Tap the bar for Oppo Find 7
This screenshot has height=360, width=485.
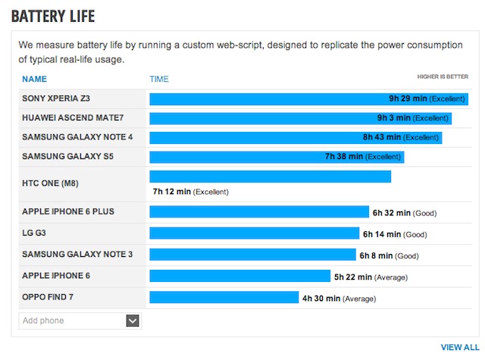[x=224, y=298]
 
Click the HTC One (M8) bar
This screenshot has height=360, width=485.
[x=270, y=177]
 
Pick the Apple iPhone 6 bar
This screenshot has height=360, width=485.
[x=239, y=277]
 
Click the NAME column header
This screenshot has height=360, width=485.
[x=34, y=79]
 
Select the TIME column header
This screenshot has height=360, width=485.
[x=159, y=79]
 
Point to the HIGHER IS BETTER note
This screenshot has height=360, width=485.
[x=443, y=77]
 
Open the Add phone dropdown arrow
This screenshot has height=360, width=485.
[x=133, y=321]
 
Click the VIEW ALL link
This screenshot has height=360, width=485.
[x=460, y=347]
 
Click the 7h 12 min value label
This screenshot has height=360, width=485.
[x=171, y=192]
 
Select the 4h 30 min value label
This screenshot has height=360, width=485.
[x=321, y=299]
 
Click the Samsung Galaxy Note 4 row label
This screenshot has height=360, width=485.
[x=77, y=137]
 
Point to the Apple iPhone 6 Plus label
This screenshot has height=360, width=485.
[x=68, y=211]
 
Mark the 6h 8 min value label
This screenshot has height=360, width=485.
[x=376, y=256]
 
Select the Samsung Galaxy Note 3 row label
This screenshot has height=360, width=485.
[x=77, y=254]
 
